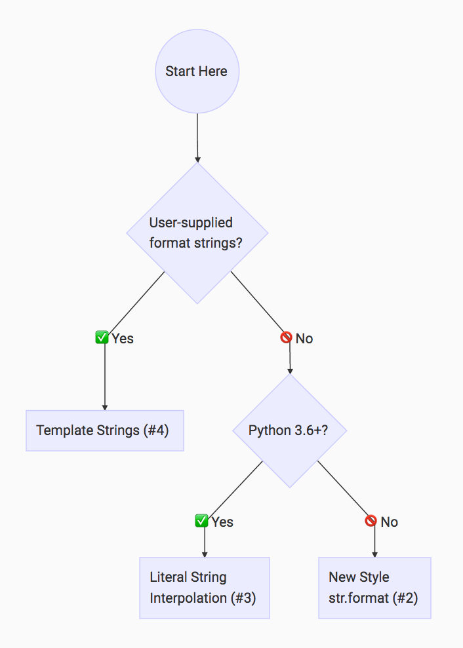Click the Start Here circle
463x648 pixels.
197,71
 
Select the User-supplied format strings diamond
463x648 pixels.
197,233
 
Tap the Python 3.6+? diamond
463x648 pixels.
290,430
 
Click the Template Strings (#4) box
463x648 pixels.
105,430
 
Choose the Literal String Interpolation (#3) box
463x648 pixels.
205,588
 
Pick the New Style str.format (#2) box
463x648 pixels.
374,588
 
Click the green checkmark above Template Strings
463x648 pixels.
102,338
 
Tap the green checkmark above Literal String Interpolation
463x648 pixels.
202,522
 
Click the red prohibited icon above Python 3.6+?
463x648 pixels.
286,338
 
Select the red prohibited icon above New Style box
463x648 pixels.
371,522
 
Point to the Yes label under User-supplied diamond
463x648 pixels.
123,339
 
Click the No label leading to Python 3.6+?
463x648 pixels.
304,339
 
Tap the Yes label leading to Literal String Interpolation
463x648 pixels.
223,522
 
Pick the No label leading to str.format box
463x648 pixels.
390,522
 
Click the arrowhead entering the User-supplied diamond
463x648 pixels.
197,159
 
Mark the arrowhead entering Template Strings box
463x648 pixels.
105,407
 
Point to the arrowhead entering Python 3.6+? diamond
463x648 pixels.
290,371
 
